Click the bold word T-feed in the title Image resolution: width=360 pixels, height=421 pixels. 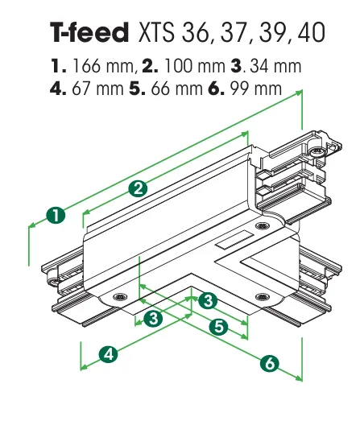(x=89, y=32)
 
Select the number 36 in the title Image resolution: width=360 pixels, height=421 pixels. (x=195, y=32)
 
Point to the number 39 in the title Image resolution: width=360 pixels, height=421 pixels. (x=273, y=32)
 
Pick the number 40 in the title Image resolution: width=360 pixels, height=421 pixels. (x=312, y=32)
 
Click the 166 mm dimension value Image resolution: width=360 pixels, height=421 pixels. (x=103, y=66)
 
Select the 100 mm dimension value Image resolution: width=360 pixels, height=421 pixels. (x=194, y=66)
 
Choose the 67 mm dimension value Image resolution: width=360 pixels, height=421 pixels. (x=97, y=89)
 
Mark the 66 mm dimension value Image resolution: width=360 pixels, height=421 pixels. (x=176, y=89)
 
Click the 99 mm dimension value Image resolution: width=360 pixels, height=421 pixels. (x=256, y=89)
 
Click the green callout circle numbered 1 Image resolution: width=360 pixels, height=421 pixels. (x=56, y=216)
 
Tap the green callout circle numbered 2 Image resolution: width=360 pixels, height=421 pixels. (x=138, y=188)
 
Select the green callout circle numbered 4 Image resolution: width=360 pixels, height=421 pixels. (x=109, y=354)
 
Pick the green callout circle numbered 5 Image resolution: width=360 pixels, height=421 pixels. (x=219, y=327)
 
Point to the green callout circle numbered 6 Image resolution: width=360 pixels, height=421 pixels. (x=270, y=363)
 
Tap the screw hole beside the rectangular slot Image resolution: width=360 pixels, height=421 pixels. (x=262, y=225)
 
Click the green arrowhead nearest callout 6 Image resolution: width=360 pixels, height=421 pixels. (x=299, y=378)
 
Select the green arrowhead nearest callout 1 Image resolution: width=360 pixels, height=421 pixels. (x=32, y=225)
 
